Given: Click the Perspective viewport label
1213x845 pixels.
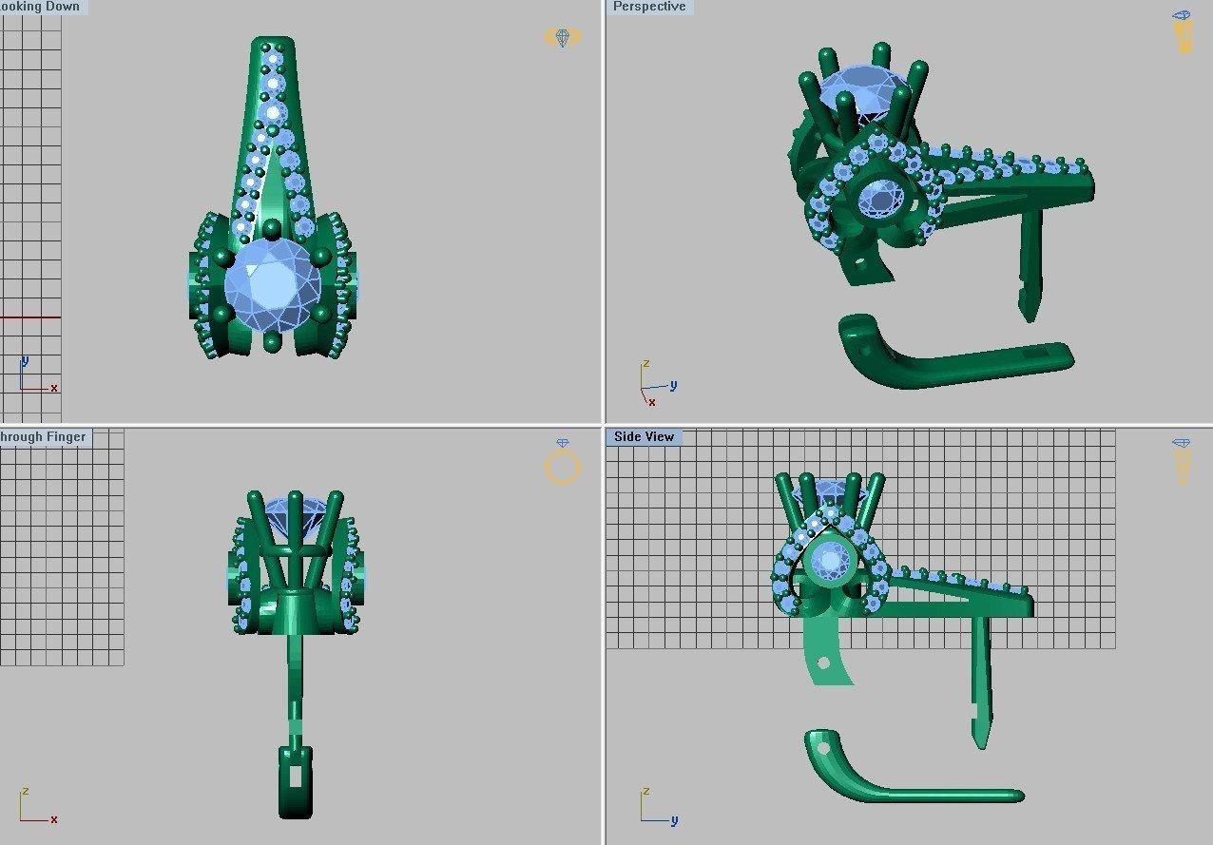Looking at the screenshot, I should click(x=649, y=7).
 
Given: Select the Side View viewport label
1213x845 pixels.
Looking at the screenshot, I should click(x=644, y=437).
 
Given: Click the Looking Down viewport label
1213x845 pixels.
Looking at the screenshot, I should click(x=43, y=7).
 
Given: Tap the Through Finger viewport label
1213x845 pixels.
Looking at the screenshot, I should click(x=44, y=437).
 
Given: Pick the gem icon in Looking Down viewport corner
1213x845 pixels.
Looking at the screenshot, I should click(x=562, y=37).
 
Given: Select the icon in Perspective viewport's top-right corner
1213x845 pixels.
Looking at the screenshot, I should click(x=1183, y=32).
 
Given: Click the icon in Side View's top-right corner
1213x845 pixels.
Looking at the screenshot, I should click(x=1182, y=460).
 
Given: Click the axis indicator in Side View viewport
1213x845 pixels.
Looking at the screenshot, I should click(x=654, y=807).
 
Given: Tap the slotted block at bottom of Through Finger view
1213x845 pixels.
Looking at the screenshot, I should click(x=295, y=780).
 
